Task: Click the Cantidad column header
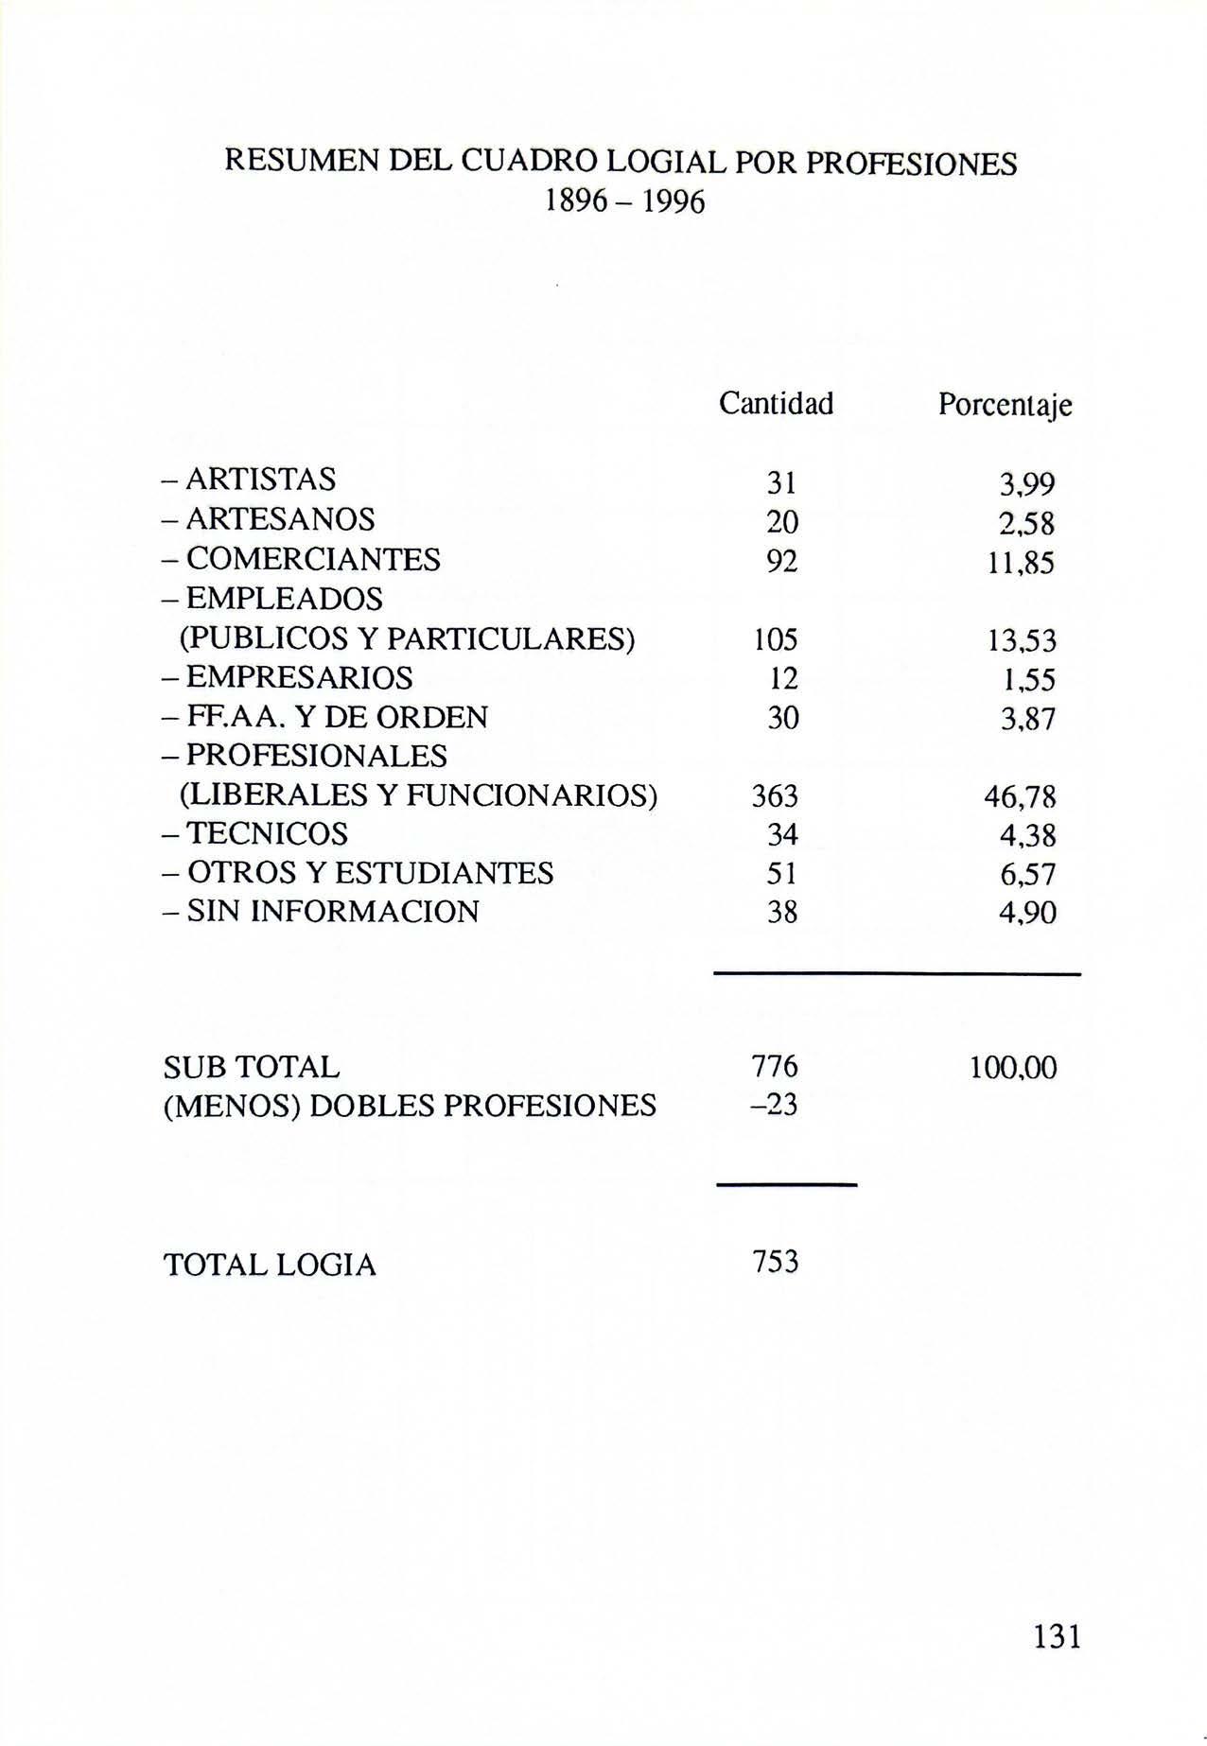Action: [776, 404]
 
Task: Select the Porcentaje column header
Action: [1005, 406]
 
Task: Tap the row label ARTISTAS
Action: [260, 480]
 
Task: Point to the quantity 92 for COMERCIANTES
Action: [781, 562]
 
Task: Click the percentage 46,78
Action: [1020, 798]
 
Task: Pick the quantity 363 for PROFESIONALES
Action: [775, 796]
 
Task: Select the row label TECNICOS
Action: [267, 833]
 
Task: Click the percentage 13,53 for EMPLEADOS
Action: [1022, 642]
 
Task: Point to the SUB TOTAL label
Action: [252, 1068]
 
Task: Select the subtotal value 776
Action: [775, 1067]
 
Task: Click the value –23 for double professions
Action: [773, 1105]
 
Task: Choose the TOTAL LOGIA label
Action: [271, 1265]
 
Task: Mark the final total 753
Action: [775, 1262]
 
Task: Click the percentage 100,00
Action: [1012, 1069]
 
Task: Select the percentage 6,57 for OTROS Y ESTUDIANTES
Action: [1027, 875]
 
